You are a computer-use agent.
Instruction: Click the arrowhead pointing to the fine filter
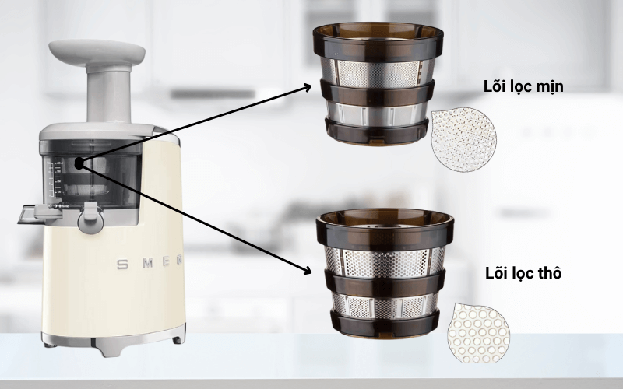(x=307, y=89)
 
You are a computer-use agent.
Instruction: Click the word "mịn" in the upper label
(x=550, y=87)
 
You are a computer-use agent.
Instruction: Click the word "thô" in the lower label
(x=548, y=273)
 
